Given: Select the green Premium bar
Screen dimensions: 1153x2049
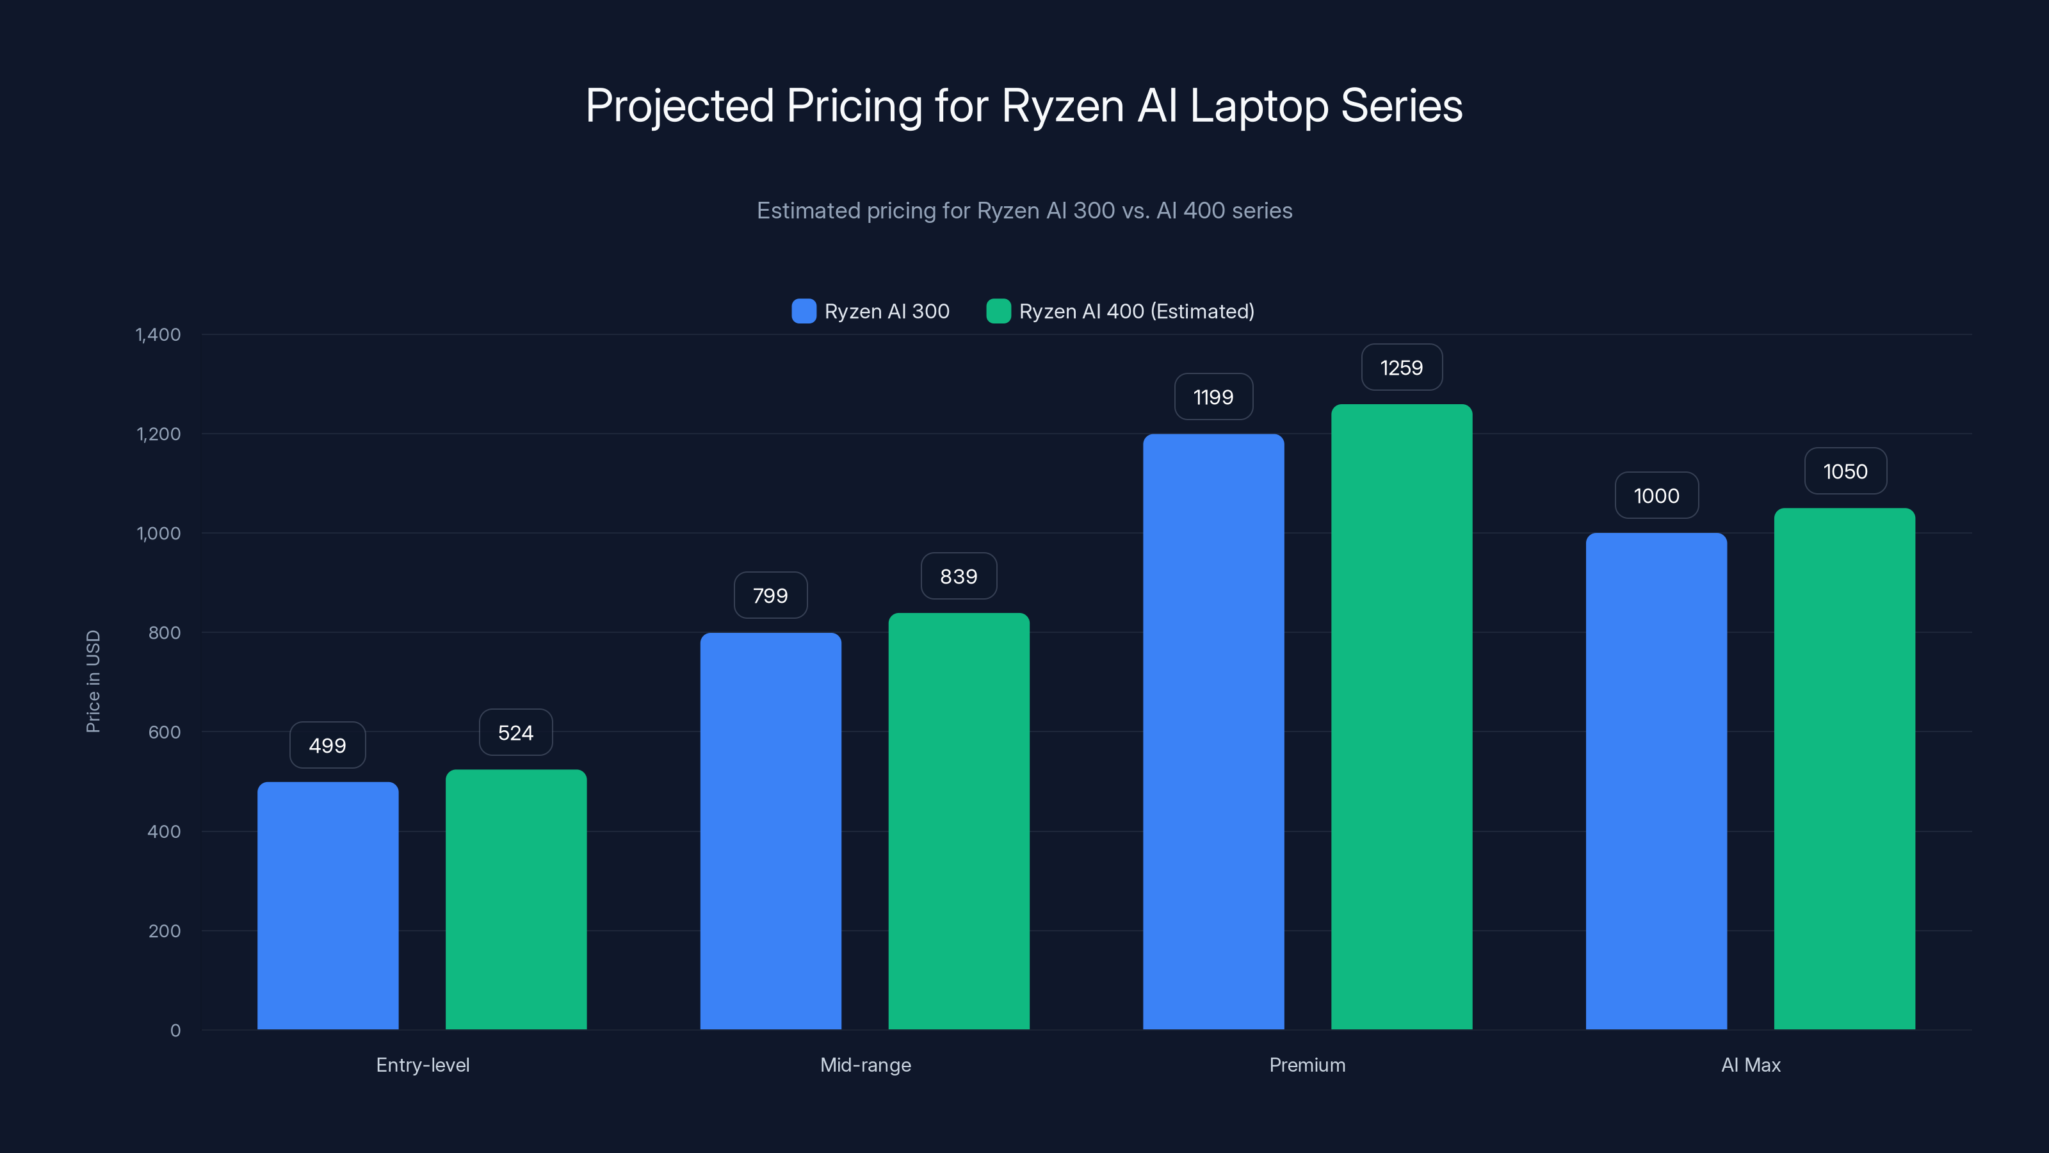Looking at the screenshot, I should (1402, 716).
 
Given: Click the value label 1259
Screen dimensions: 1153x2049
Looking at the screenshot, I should (1402, 368).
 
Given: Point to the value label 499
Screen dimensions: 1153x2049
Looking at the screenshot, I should (328, 746).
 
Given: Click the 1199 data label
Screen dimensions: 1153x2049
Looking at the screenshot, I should (1213, 397).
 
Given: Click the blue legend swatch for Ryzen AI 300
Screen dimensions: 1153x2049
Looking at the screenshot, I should (804, 311).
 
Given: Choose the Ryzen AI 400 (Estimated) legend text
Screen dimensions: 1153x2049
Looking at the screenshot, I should (1136, 311).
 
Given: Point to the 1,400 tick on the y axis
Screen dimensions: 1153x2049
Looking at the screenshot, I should (158, 334).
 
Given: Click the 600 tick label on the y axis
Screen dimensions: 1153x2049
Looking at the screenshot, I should (164, 732).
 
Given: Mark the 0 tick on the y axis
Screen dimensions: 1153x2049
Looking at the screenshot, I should (175, 1031).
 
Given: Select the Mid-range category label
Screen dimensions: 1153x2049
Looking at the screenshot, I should (866, 1065).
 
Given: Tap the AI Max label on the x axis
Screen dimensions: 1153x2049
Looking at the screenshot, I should (1751, 1065).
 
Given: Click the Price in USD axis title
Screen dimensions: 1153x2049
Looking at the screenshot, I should (93, 681).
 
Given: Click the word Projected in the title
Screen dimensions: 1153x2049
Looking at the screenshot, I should (679, 106).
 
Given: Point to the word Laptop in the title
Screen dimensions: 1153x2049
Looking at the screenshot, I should (1258, 106).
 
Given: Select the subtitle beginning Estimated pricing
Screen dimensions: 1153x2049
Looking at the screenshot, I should (1024, 211).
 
